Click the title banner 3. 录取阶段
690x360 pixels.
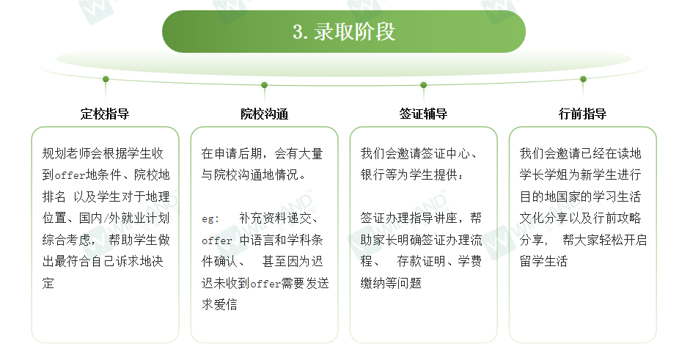[x=344, y=32]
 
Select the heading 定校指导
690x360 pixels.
[x=105, y=114]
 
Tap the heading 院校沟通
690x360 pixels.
[x=264, y=114]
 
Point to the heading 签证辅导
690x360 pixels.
[x=423, y=114]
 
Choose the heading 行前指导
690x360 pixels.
[x=583, y=114]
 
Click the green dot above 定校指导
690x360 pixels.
[x=106, y=79]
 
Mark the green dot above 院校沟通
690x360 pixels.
[x=264, y=85]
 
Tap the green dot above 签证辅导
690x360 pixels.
[x=423, y=85]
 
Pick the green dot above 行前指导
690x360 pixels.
[x=583, y=79]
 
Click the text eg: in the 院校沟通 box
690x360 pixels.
[x=210, y=218]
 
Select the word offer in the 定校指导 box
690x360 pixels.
[x=70, y=175]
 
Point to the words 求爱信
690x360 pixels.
[x=219, y=304]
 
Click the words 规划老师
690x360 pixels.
[x=67, y=153]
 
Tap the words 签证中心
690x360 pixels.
[x=446, y=153]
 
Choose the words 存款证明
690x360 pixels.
[x=421, y=261]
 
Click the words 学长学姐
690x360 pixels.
[x=544, y=175]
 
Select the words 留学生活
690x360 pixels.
[x=544, y=261]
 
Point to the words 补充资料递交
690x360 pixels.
[x=275, y=218]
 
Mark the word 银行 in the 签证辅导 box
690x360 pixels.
[x=372, y=175]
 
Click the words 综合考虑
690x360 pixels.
[x=67, y=240]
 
